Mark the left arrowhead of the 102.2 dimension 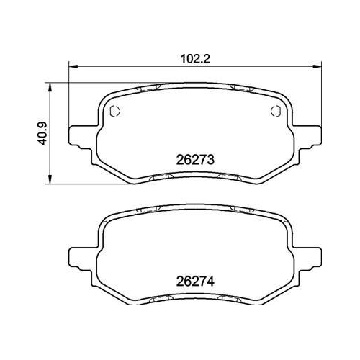[72, 65]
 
